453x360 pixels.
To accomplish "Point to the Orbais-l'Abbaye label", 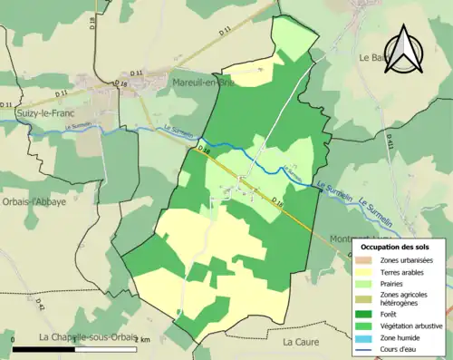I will click(x=34, y=202).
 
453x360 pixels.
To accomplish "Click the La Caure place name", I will click(x=301, y=342).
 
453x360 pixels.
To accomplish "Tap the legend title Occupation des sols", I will click(x=395, y=247).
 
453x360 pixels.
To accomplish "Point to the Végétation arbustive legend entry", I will click(x=407, y=326).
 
